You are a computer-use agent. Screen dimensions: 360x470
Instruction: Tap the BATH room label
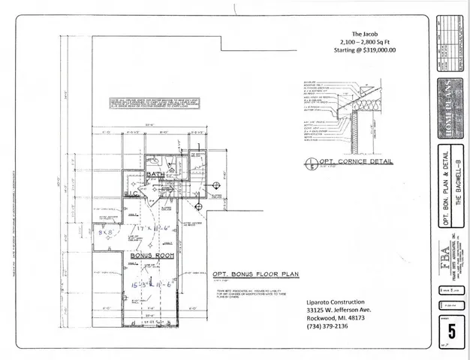pos(155,175)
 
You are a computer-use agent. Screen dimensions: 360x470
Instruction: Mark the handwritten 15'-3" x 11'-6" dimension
pos(149,286)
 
